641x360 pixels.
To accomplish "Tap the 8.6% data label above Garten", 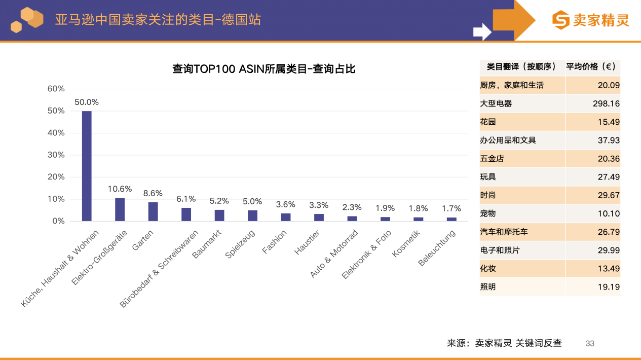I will point(153,193).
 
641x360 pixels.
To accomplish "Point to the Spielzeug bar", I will point(252,215).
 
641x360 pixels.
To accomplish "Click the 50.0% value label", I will point(87,102).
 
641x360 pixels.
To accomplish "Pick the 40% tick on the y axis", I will point(56,133).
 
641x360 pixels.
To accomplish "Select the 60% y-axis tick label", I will point(56,89).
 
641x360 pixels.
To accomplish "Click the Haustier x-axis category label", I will point(307,242).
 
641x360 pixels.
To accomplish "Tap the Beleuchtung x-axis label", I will point(437,248).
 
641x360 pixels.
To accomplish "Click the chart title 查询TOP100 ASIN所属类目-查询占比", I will point(264,69).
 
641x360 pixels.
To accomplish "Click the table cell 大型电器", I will point(496,103).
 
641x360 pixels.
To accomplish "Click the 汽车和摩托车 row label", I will point(504,232).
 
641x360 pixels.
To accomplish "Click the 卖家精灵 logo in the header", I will point(590,20).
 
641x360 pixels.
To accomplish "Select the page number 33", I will point(590,343).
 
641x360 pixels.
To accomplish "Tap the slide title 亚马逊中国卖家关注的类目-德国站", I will point(158,20).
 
